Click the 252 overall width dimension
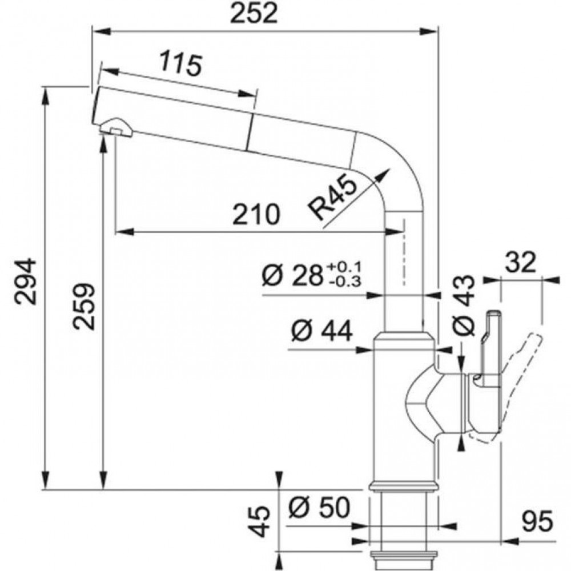[x=255, y=14]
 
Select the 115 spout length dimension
[x=180, y=65]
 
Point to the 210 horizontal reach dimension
[x=257, y=215]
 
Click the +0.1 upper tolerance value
[x=344, y=268]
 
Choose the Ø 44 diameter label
[x=322, y=331]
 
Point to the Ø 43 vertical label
[x=464, y=305]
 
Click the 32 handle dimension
[x=521, y=263]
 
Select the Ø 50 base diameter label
[x=319, y=507]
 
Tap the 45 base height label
[x=260, y=521]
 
